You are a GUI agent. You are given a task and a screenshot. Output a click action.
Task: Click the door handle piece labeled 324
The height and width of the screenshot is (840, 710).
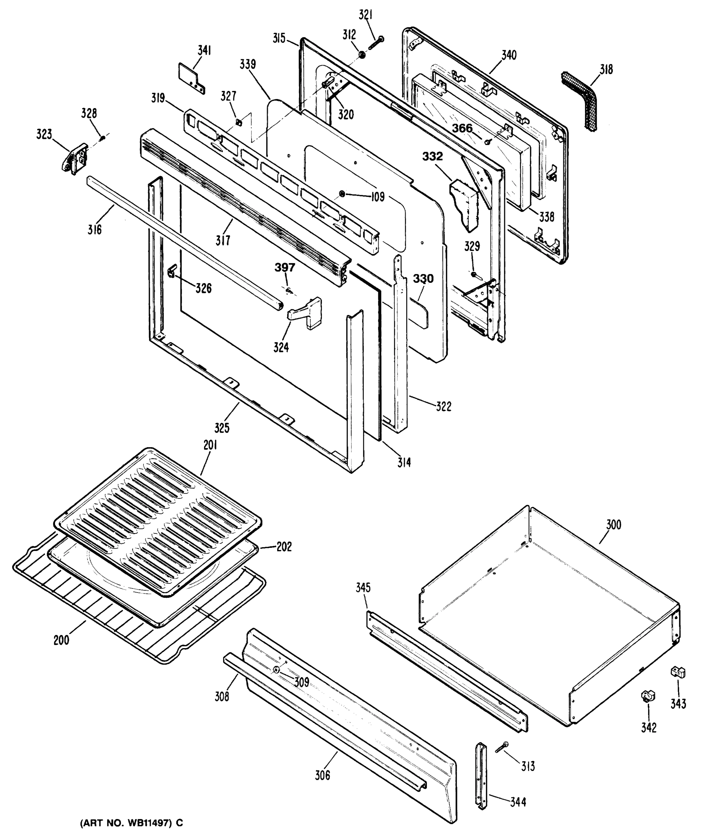pyautogui.click(x=306, y=313)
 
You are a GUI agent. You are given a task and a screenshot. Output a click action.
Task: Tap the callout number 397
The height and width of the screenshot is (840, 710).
pyautogui.click(x=284, y=267)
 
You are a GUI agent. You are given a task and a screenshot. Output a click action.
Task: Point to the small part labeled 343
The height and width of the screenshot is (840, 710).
pyautogui.click(x=678, y=672)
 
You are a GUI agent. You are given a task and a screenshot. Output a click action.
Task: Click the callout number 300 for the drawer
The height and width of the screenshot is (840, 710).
pyautogui.click(x=614, y=525)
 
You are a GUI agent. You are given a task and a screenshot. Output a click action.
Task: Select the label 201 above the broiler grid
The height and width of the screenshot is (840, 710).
pyautogui.click(x=210, y=445)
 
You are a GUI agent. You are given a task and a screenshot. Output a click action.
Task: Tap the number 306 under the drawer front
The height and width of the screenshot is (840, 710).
pyautogui.click(x=322, y=775)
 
